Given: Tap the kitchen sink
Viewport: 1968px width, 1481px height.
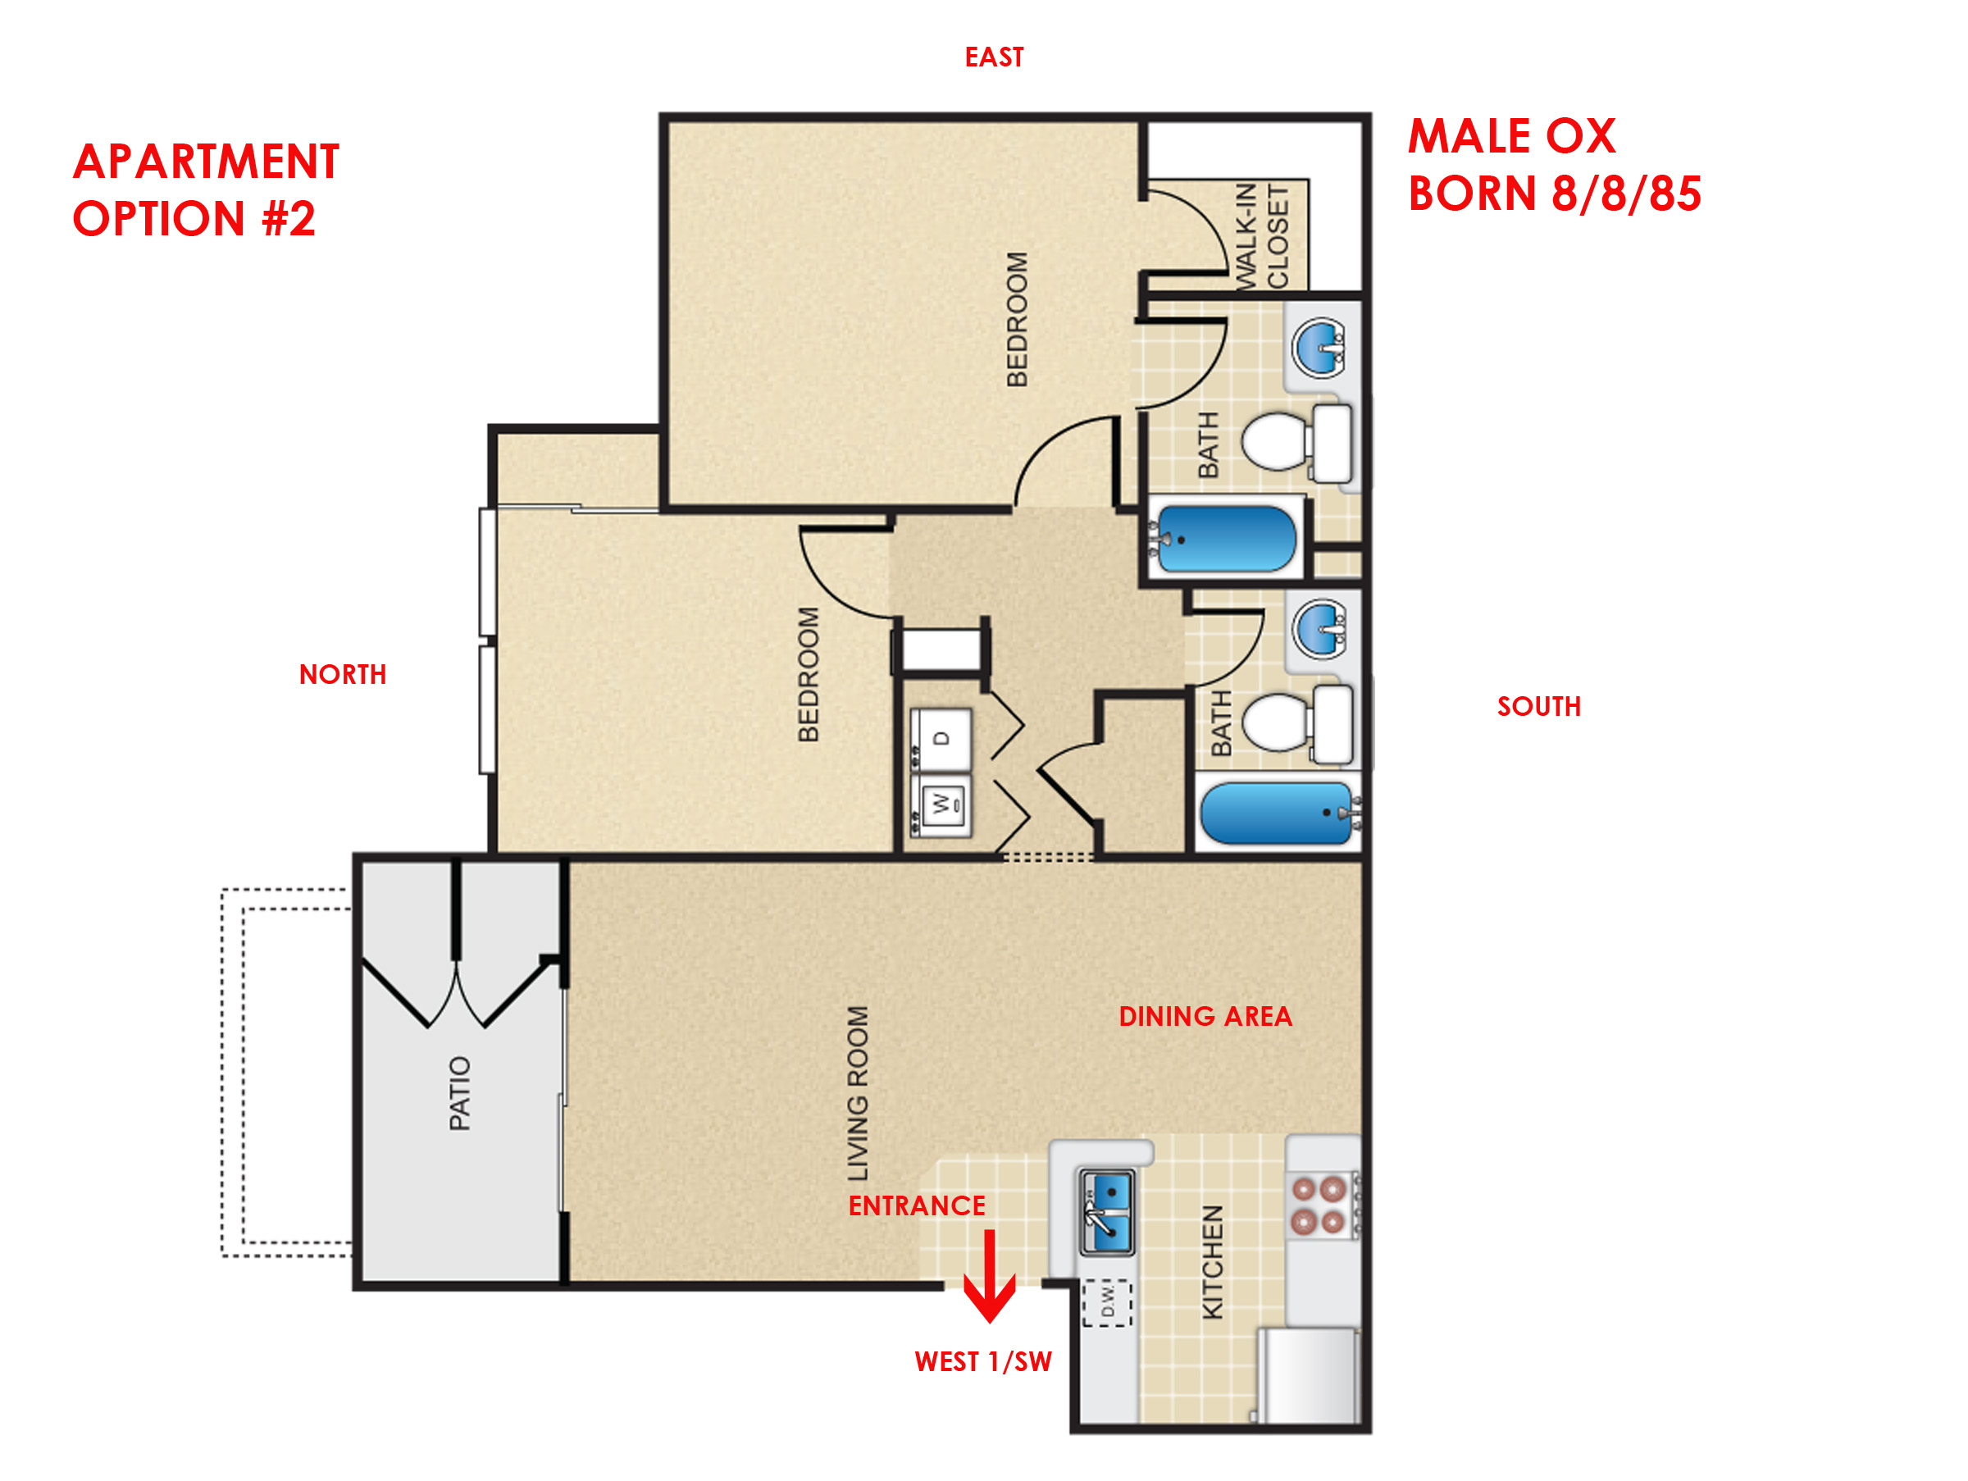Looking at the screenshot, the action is pos(1107,1212).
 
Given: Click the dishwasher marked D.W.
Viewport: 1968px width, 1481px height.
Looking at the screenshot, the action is pos(1107,1303).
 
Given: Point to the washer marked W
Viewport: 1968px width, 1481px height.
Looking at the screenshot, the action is pos(941,805).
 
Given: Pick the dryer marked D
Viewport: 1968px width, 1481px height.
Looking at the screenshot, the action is pos(941,739).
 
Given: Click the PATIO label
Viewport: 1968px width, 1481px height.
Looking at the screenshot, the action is pos(459,1093).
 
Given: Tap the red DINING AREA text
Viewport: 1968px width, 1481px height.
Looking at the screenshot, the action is pos(1205,1017).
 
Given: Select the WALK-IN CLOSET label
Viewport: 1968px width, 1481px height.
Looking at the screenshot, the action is pos(1262,237).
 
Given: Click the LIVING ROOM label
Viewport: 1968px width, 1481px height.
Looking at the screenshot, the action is pos(857,1093).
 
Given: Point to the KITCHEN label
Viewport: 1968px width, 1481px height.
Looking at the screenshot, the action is pos(1213,1261).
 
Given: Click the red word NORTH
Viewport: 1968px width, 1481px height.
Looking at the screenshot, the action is pos(343,674).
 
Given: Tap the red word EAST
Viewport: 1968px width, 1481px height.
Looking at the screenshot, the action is pos(994,57).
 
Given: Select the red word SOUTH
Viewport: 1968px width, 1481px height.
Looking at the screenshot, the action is pos(1539,706).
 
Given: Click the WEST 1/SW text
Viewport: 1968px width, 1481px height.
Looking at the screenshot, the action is pos(983,1362).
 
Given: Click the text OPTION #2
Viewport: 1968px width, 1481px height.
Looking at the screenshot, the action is pos(194,219).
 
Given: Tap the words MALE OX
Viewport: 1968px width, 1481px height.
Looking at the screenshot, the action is pos(1511,136).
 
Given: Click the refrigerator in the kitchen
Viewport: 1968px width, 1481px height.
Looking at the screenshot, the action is pos(1308,1375).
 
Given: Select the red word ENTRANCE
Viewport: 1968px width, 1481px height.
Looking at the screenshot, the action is pos(917,1206).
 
